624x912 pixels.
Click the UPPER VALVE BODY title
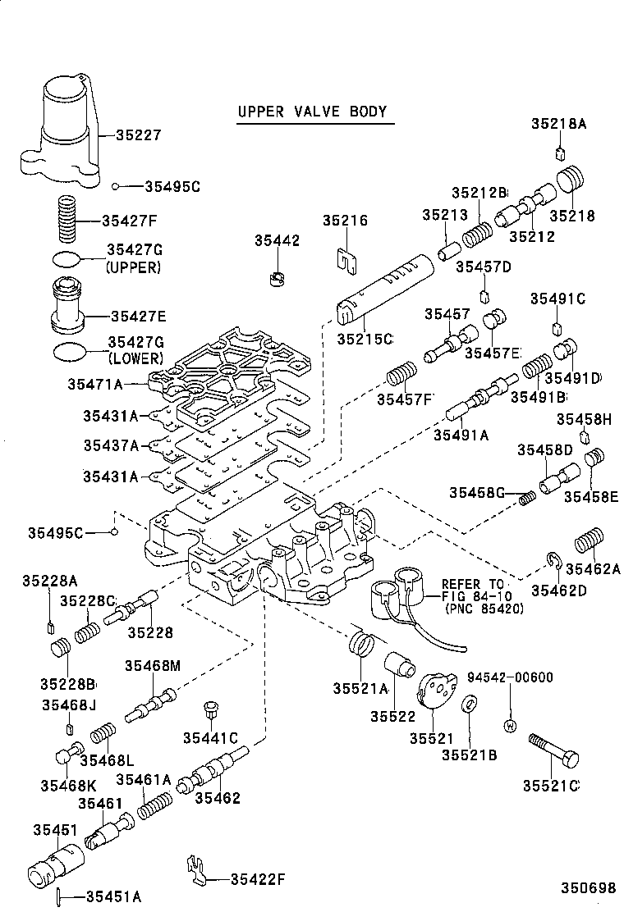(x=311, y=112)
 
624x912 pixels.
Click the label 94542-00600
(x=510, y=677)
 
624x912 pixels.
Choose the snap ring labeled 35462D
(x=553, y=562)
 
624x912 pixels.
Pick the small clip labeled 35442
(x=278, y=278)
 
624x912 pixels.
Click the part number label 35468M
(x=152, y=665)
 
